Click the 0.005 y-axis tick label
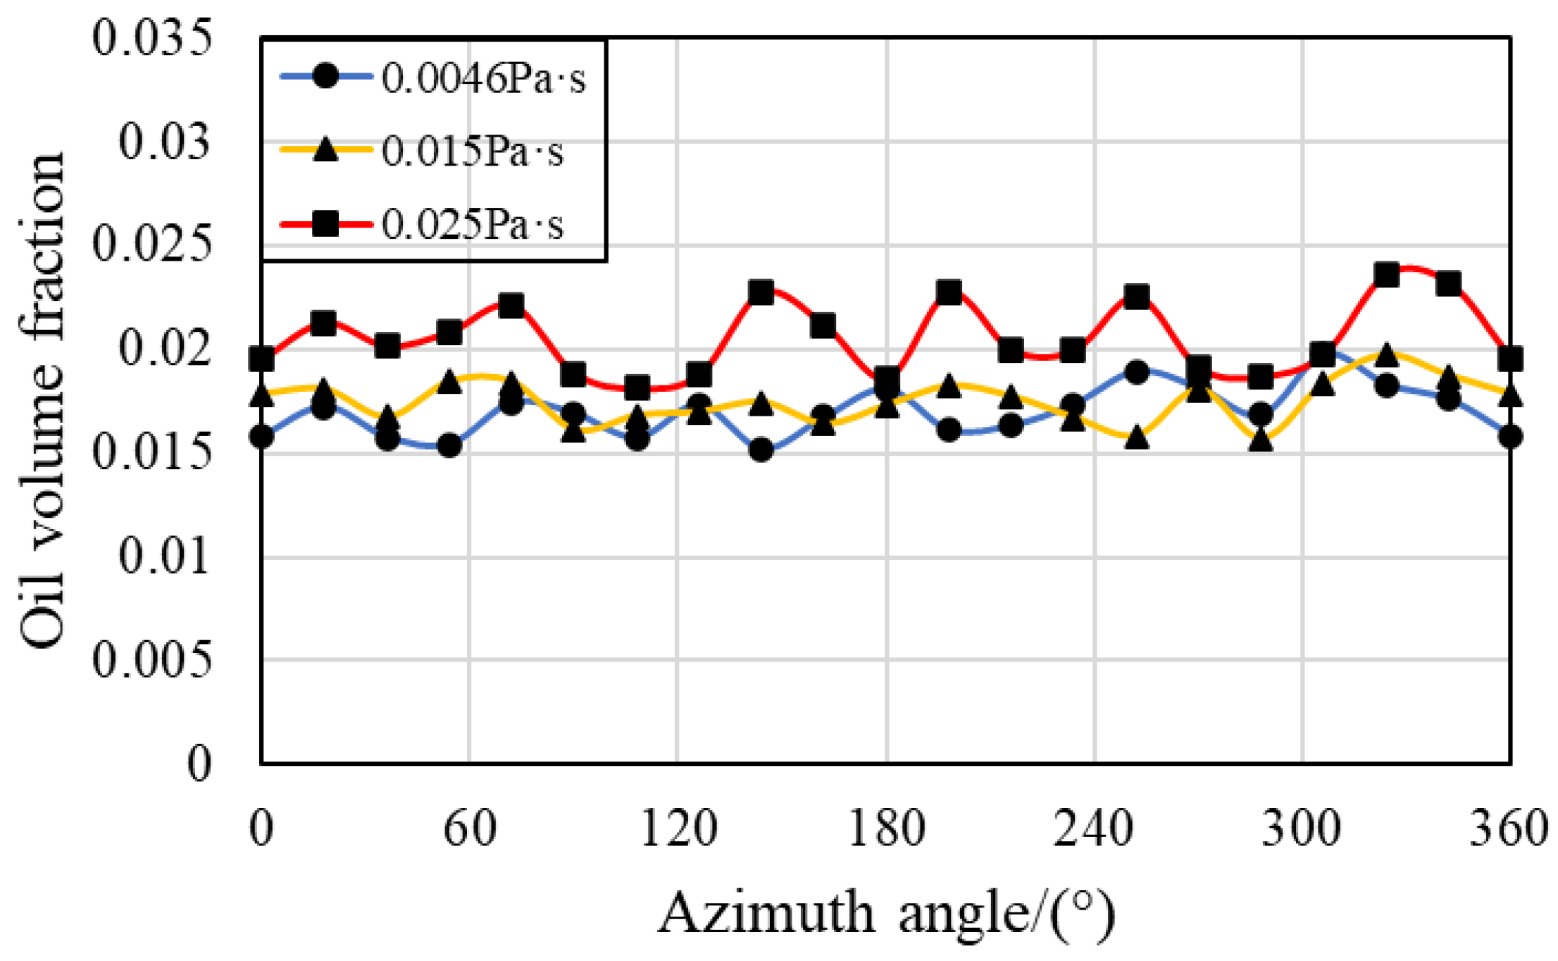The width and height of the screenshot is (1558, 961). point(152,660)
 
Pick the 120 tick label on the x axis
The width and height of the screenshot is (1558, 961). point(678,829)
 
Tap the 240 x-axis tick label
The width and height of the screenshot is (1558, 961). point(1094,829)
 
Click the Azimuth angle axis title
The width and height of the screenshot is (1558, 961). point(886,913)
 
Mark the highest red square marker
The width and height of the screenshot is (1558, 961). point(1386,275)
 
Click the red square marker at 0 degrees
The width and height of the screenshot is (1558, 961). point(262,359)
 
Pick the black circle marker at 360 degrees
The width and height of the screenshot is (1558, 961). point(1510,437)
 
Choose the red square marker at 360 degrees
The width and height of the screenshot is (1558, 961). point(1510,359)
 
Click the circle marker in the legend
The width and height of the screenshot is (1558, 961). point(325,75)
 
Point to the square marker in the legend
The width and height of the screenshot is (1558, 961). point(325,225)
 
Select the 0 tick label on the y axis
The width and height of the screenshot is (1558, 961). point(199,764)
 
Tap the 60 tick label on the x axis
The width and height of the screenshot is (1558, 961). point(470,829)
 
